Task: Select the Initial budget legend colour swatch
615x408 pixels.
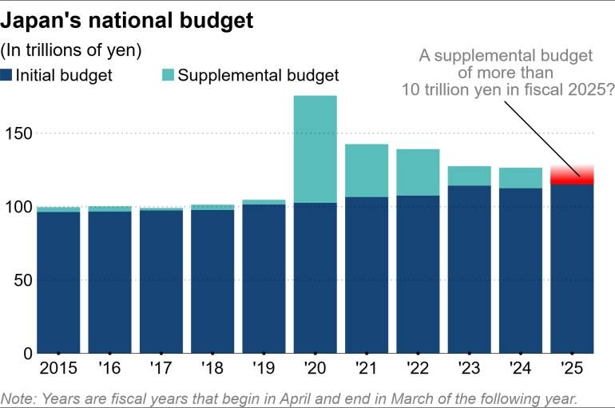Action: point(6,75)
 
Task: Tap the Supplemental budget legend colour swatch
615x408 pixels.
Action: point(167,75)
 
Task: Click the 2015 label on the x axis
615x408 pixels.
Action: point(58,370)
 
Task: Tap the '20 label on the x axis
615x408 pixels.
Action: point(315,370)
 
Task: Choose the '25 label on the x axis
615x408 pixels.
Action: point(572,370)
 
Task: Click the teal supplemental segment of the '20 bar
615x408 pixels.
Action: point(315,149)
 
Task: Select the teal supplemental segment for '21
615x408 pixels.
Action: point(367,170)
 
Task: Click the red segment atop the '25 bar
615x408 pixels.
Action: point(572,174)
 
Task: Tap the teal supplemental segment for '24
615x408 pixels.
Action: point(521,177)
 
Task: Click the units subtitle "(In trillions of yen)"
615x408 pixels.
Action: point(71,50)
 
